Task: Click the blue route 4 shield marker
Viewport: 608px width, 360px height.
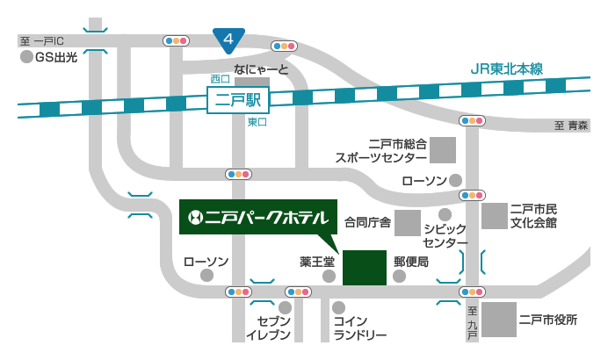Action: (x=228, y=40)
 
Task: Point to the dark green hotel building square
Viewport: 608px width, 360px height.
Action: (x=364, y=268)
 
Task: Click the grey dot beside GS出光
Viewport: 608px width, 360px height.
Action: (x=26, y=57)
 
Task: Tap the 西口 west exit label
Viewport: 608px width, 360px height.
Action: (x=219, y=79)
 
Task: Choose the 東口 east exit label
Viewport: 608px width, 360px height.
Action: (x=257, y=123)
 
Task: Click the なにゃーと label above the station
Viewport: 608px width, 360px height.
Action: (x=261, y=68)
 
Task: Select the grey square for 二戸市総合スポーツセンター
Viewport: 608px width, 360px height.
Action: (x=444, y=150)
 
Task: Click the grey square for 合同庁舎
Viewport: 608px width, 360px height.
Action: (x=407, y=222)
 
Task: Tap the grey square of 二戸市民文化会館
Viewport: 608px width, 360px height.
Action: (x=495, y=216)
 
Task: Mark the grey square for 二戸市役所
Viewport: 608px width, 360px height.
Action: (x=498, y=320)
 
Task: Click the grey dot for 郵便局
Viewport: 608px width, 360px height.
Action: (x=400, y=276)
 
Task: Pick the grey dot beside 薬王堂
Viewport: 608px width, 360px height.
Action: (x=329, y=276)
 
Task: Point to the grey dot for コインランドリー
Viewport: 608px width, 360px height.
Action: (x=338, y=307)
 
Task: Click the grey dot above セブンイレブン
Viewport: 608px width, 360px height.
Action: (x=285, y=307)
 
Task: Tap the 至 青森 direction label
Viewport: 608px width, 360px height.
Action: (x=570, y=126)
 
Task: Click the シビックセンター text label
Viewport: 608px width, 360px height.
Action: (x=445, y=235)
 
